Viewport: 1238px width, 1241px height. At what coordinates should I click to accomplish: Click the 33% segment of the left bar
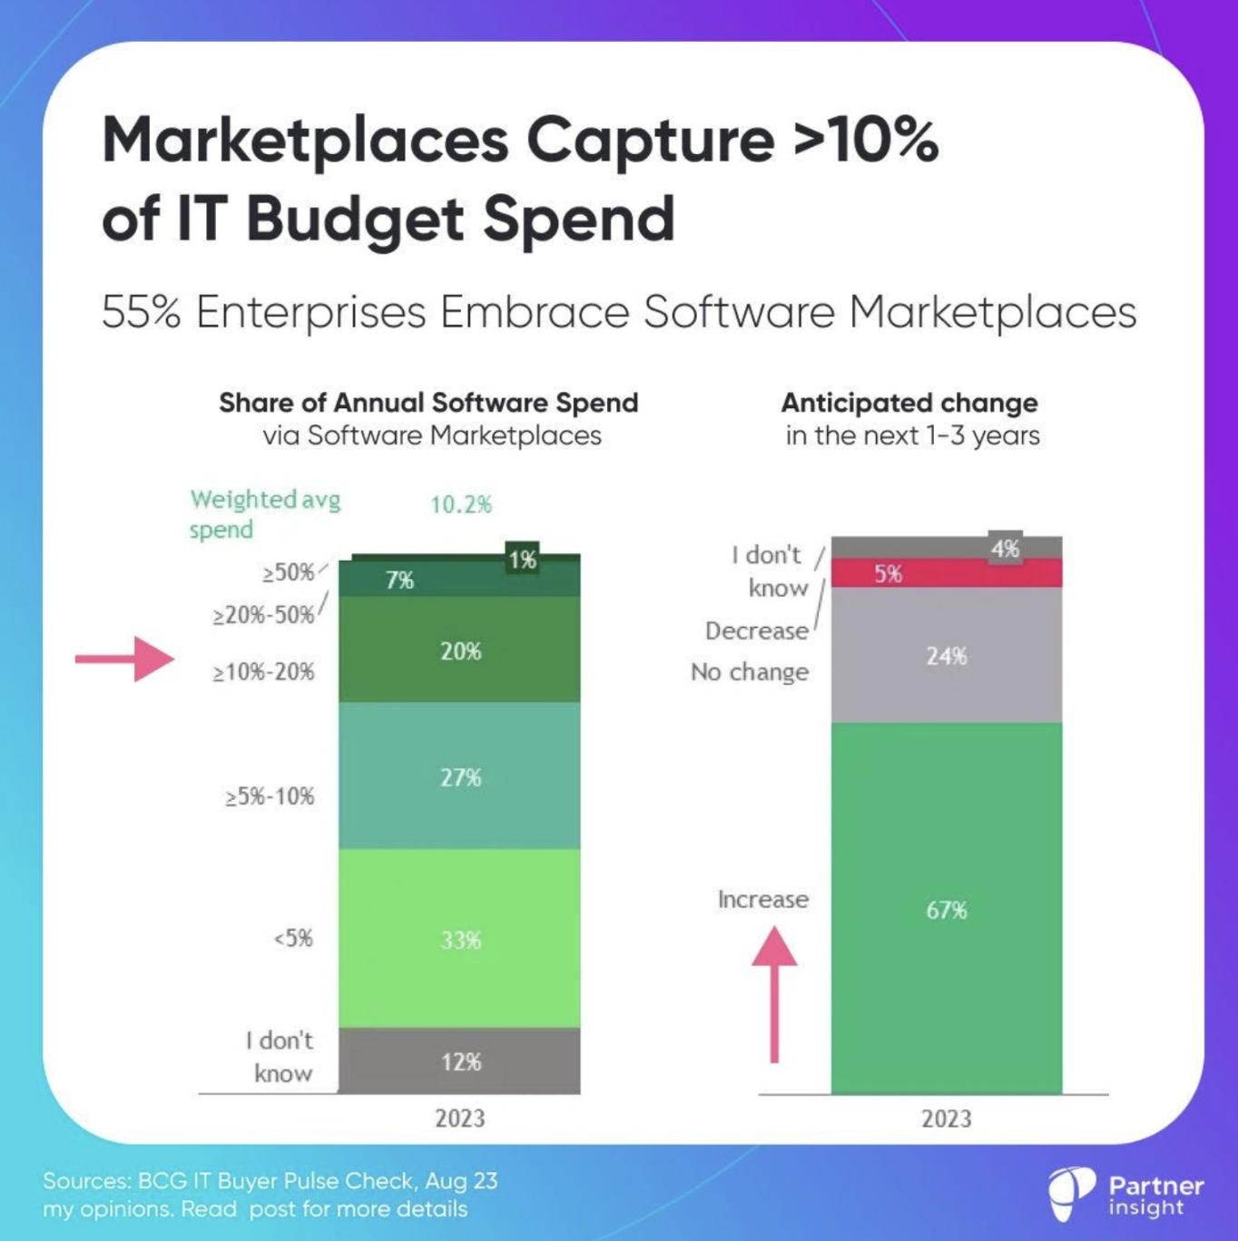459,939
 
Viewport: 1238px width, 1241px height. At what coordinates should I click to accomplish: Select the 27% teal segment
459,777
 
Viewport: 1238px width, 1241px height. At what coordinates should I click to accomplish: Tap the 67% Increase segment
946,909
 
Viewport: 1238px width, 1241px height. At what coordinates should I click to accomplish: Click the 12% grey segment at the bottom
459,1060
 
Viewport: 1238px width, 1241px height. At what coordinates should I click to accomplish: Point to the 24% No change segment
946,655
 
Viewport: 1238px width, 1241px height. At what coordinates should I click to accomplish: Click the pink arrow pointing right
125,659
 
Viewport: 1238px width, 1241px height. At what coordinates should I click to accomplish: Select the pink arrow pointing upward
774,992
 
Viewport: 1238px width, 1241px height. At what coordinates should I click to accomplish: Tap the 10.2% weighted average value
461,504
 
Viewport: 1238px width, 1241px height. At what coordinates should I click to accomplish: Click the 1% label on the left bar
523,560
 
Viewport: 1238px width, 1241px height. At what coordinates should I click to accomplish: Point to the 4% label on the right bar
1005,548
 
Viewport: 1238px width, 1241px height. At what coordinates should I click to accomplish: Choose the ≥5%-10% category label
270,796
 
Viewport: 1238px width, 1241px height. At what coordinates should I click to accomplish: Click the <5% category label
293,938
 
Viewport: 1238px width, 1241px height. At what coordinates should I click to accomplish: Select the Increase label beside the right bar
762,899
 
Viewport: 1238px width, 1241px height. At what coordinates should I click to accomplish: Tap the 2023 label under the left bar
459,1118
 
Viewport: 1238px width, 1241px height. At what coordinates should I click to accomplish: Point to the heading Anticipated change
909,402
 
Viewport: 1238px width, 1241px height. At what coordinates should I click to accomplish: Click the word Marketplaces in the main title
305,141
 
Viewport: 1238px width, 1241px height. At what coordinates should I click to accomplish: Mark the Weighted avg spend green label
265,513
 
